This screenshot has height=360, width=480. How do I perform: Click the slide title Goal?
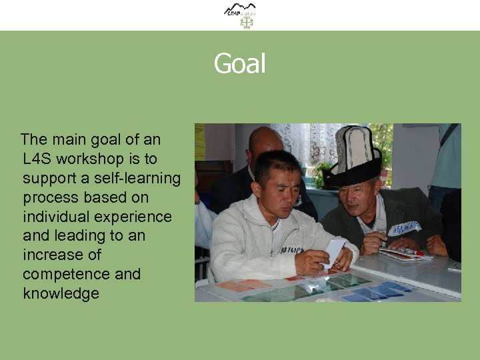(239, 64)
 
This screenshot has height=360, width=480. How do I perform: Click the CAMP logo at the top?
(240, 9)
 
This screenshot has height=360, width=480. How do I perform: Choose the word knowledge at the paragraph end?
(61, 293)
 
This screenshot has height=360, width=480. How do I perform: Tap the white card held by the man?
(333, 253)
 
